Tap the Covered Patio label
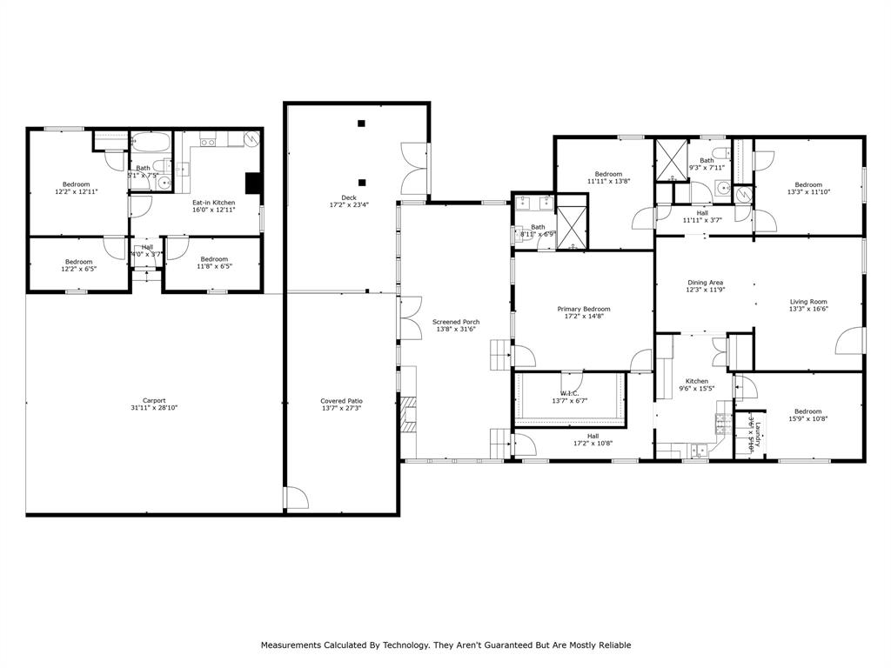coord(341,401)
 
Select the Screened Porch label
coord(457,322)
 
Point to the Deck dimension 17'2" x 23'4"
coord(349,205)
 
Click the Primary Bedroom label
coord(583,309)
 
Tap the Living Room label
coord(808,302)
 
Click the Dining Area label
coord(705,283)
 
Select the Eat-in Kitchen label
coord(213,203)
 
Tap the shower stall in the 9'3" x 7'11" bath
coord(672,158)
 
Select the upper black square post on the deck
coord(361,124)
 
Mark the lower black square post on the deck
coord(361,183)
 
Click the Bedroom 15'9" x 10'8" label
coord(807,411)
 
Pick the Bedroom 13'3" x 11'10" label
coord(807,184)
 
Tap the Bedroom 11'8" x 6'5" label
coord(213,258)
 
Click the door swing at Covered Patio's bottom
coord(297,498)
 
